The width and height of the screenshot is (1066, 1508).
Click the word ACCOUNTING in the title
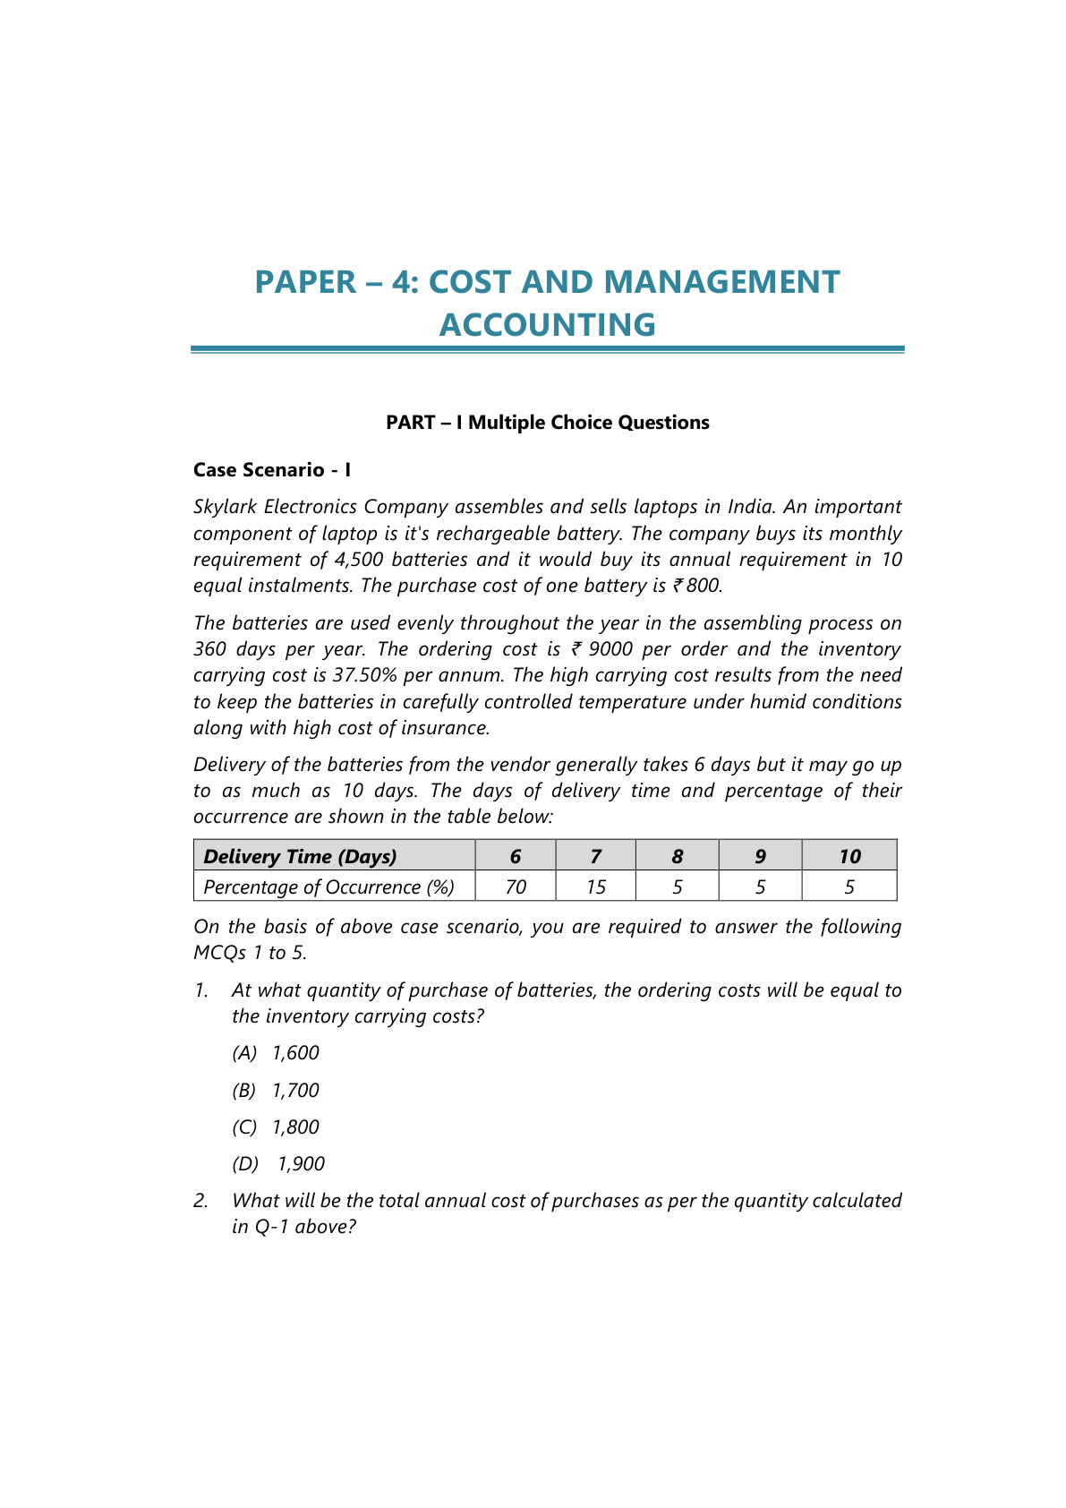click(547, 324)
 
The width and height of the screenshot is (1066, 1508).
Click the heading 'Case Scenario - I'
click(272, 470)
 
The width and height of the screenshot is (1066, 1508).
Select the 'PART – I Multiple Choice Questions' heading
click(547, 423)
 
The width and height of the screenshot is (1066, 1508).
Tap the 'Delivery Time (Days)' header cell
click(300, 856)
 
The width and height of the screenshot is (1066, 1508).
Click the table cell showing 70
click(516, 887)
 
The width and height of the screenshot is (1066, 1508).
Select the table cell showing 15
click(596, 887)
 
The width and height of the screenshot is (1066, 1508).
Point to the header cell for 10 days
click(849, 856)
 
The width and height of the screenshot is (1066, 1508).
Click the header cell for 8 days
click(678, 856)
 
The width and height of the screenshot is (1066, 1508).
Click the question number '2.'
click(201, 1201)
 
